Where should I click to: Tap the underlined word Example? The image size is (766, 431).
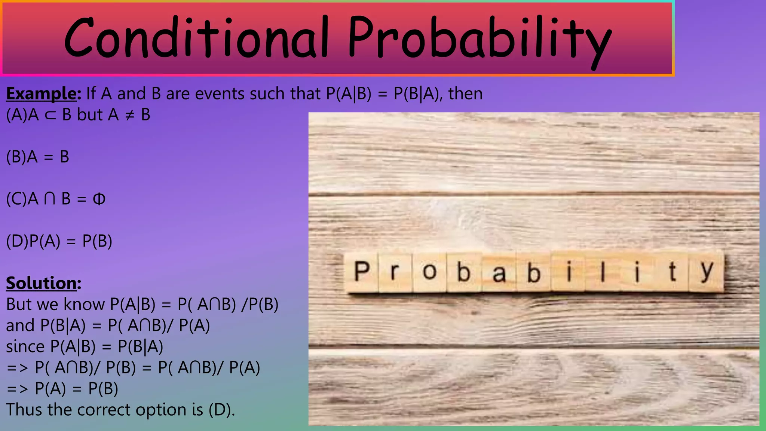coord(41,94)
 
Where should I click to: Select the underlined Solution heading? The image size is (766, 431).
coord(41,283)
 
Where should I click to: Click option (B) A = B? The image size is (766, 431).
coord(37,157)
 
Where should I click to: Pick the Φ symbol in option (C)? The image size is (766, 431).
coord(99,199)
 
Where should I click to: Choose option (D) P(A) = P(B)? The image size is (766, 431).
coord(59,241)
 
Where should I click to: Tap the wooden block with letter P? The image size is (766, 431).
coord(361,272)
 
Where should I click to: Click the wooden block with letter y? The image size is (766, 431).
coord(706,272)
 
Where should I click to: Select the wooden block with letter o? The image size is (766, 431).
coord(430,272)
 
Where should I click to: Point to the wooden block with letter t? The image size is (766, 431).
coord(672,272)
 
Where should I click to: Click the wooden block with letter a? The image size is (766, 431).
coord(499,272)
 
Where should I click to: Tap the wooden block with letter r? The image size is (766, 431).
coord(395,272)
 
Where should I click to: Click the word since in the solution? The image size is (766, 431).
coord(25,346)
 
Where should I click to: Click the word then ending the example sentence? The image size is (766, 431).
coord(465,94)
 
